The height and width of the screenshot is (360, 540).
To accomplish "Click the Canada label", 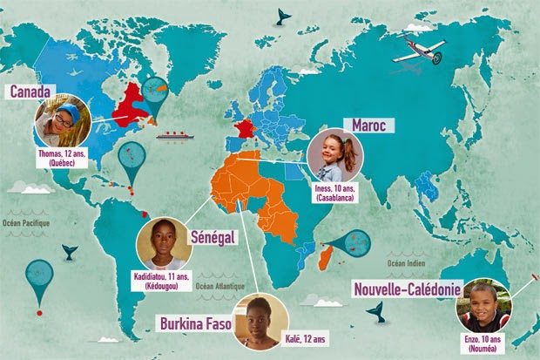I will [31, 91].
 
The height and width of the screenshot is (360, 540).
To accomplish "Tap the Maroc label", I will [368, 125].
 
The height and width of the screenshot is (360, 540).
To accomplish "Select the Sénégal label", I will [213, 236].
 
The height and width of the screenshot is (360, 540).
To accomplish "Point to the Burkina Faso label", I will [195, 324].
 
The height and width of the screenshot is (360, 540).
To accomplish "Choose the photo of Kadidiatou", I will [165, 242].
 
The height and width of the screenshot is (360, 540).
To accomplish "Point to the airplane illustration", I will [418, 51].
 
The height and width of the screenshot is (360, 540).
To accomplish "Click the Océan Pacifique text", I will [26, 222].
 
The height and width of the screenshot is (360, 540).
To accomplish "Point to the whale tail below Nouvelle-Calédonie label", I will [376, 309].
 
